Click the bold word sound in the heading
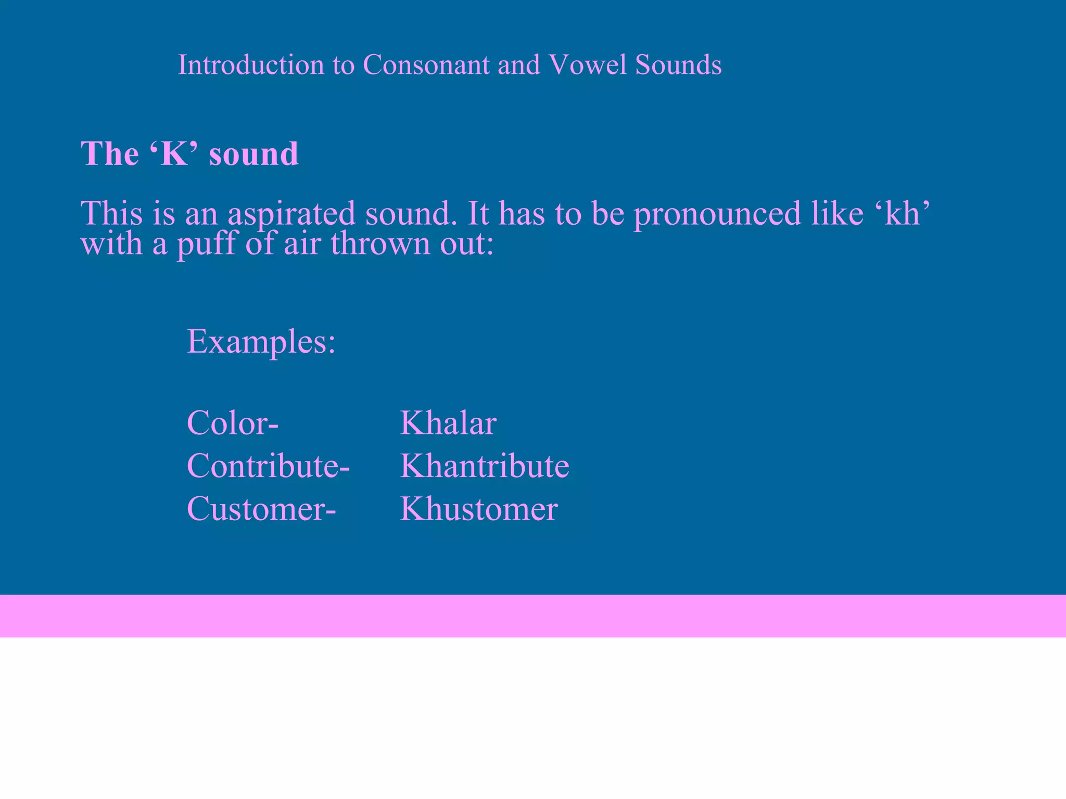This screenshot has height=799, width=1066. [x=253, y=153]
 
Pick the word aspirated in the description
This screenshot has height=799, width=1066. [x=291, y=214]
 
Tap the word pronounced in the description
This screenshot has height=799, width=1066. [x=717, y=214]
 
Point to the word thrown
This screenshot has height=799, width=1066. [x=381, y=243]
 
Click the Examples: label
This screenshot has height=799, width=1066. [x=261, y=342]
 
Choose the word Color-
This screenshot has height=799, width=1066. [x=233, y=422]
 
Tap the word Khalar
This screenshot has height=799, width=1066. [x=448, y=422]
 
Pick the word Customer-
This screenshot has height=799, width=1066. [x=261, y=508]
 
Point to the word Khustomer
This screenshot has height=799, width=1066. [x=479, y=508]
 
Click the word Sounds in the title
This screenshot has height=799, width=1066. [x=678, y=65]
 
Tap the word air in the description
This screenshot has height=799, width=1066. [x=302, y=243]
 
